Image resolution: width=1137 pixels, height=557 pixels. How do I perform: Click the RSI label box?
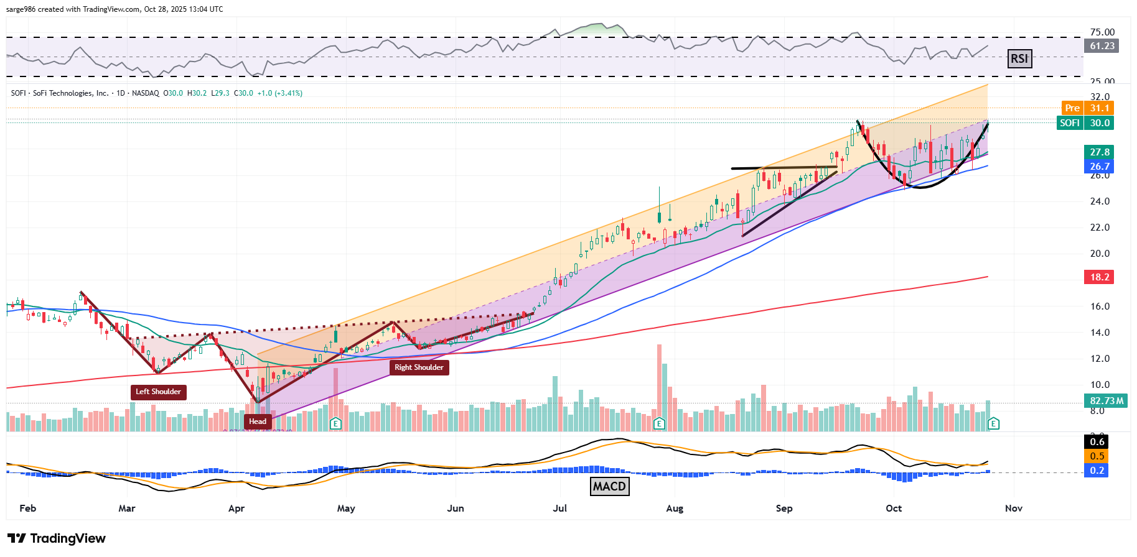1019,59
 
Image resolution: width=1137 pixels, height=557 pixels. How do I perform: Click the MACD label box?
609,486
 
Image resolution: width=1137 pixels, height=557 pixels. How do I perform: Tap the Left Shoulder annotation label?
158,392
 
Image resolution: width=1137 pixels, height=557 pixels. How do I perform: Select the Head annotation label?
258,421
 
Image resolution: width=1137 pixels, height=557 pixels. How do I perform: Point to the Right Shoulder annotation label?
419,367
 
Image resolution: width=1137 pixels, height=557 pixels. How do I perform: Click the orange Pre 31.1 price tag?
1087,108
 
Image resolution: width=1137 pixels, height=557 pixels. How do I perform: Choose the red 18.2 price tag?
1099,277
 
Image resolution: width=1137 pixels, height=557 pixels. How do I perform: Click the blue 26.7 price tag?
1099,167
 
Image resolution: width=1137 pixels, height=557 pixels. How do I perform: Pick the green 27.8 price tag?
1099,152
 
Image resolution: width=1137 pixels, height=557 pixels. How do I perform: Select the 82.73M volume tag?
1107,401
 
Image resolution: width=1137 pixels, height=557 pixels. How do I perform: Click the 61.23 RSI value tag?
1102,46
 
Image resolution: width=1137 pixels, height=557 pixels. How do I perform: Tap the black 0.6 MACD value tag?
1097,442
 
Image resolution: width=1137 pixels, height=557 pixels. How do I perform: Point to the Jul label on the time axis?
560,509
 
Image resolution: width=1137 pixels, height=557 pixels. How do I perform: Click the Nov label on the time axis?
1014,509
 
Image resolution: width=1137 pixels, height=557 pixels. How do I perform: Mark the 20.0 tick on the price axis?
1100,254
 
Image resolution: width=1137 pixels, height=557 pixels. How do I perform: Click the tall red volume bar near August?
659,385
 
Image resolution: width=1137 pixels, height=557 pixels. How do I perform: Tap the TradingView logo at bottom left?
57,538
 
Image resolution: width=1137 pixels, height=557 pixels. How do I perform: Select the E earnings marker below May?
336,424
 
